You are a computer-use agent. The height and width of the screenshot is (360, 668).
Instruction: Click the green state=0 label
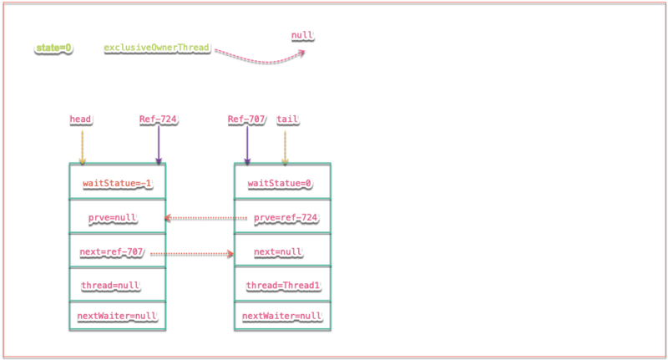click(x=53, y=48)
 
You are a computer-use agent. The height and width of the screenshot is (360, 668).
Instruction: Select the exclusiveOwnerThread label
click(x=156, y=48)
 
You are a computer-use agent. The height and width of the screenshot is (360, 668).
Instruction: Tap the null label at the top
click(x=301, y=36)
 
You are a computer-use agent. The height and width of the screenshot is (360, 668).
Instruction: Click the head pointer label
click(x=80, y=119)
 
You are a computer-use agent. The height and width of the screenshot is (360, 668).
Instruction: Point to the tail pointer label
click(x=287, y=119)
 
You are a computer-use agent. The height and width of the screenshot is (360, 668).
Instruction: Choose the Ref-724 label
click(x=158, y=119)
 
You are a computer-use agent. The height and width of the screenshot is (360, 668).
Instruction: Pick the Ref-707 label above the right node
click(x=245, y=119)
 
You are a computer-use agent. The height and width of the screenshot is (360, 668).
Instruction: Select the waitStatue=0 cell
click(x=281, y=182)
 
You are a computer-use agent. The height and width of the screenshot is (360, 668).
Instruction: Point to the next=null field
click(x=277, y=251)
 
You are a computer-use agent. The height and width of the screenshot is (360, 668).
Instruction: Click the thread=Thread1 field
click(x=283, y=286)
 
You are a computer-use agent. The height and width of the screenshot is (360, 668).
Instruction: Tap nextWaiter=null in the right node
click(x=281, y=316)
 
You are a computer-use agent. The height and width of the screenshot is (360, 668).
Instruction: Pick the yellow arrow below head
click(x=82, y=146)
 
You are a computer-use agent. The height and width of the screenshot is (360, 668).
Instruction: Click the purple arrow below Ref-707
click(x=247, y=146)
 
